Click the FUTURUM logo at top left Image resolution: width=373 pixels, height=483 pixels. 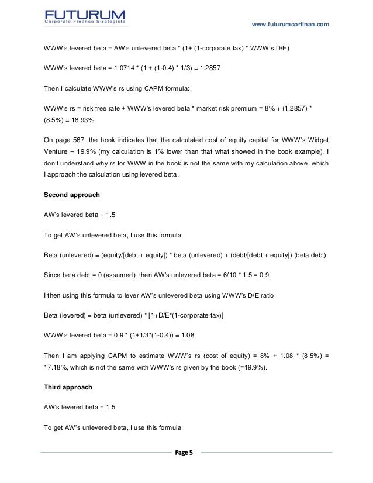(x=86, y=16)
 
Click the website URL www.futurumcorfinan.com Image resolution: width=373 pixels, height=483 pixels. (x=290, y=24)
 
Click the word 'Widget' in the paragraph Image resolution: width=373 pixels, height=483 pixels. (x=316, y=140)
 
